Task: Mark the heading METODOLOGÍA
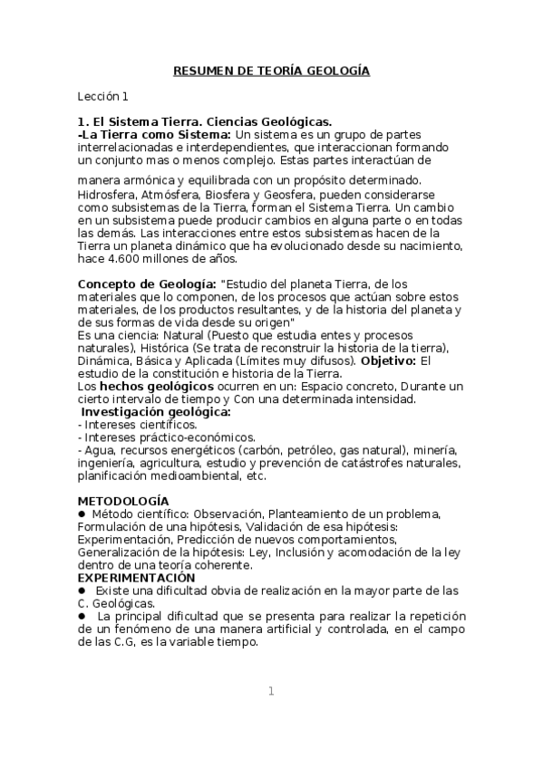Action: coord(122,501)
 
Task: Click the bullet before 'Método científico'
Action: coord(82,514)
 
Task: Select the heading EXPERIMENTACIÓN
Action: coord(136,577)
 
